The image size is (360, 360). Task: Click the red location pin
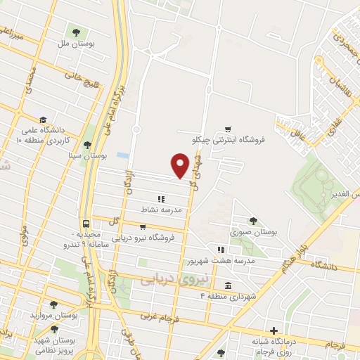[181, 166]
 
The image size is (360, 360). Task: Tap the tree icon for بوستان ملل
[75, 32]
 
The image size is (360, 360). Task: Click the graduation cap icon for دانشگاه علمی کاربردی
[44, 120]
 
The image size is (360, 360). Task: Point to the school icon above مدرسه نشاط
[161, 199]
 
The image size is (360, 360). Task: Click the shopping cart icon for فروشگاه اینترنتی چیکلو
[227, 128]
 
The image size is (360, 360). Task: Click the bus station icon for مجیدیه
[85, 225]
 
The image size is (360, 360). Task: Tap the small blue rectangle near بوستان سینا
[123, 155]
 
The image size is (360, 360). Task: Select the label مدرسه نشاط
[162, 210]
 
